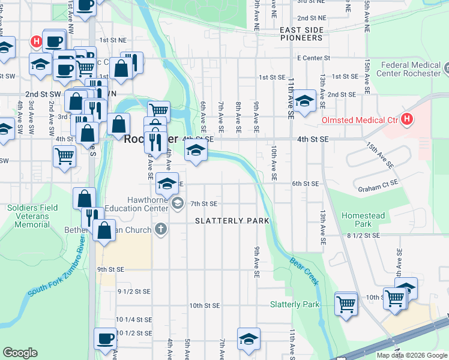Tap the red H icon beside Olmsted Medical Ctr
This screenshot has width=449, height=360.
point(408,119)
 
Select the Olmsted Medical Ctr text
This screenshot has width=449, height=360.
point(360,120)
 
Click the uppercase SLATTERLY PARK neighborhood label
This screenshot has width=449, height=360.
point(232,221)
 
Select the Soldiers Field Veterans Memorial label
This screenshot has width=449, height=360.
point(29,216)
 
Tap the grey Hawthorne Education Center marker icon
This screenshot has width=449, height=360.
point(177,204)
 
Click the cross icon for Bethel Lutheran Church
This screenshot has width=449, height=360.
point(160,229)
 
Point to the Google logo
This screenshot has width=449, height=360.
point(20,353)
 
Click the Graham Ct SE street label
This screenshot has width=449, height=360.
point(378,188)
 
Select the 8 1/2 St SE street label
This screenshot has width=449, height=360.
point(363,236)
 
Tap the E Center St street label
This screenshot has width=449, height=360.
point(313,58)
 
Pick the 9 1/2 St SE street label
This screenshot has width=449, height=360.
point(133,292)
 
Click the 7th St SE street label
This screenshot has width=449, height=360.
point(203,204)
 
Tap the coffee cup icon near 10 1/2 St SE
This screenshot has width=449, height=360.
point(105,339)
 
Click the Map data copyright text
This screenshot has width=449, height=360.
point(411,355)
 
